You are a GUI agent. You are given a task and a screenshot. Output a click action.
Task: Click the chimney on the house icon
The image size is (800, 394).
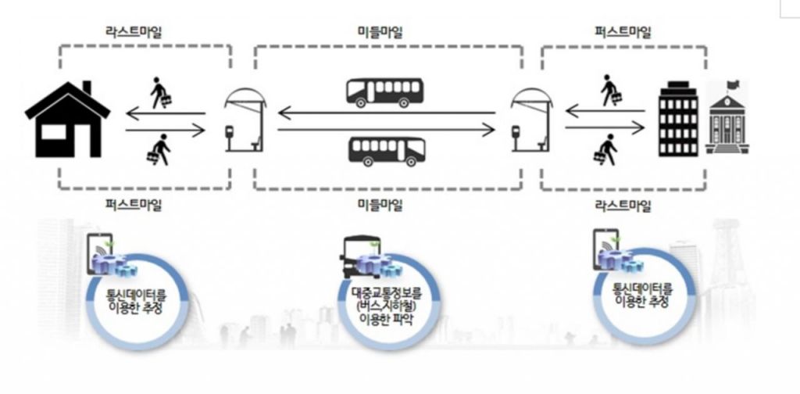pos(86,88)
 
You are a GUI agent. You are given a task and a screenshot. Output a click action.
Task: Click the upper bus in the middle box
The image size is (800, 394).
pos(384,92)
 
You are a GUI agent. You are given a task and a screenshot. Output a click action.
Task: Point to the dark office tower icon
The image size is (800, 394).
pos(677,117)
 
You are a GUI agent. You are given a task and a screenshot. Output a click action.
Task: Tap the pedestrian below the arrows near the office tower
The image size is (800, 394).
pos(607,149)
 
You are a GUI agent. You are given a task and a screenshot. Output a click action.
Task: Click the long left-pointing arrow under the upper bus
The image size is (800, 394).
pos(387,114)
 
